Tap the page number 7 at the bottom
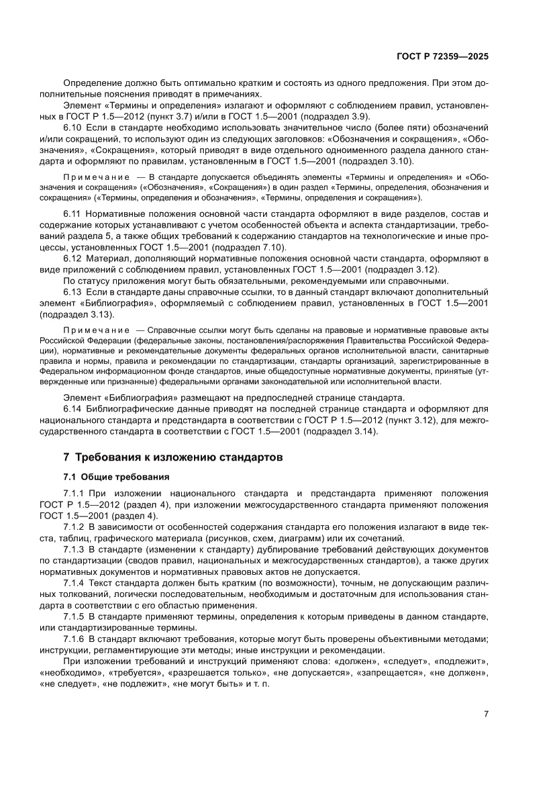(485, 714)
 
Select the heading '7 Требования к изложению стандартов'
(172, 457)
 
